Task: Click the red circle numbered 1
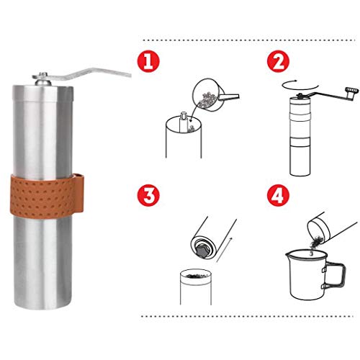(x=148, y=61)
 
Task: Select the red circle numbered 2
(x=279, y=61)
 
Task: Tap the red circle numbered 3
(x=148, y=196)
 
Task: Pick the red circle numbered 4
(x=279, y=196)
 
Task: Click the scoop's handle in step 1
(x=230, y=96)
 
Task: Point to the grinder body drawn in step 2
(x=300, y=136)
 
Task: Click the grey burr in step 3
(x=203, y=251)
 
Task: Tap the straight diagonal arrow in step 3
(x=225, y=250)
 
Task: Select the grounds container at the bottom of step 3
(x=196, y=287)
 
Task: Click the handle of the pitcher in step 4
(x=334, y=275)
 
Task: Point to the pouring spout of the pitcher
(x=288, y=255)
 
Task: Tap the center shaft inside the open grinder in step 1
(x=183, y=122)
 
